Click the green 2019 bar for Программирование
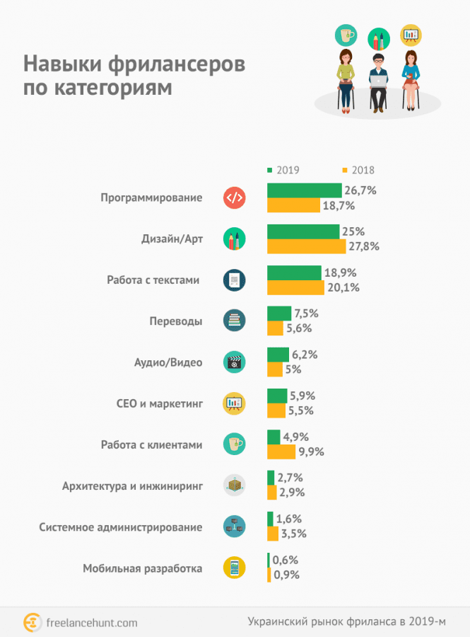click(304, 190)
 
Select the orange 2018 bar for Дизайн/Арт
click(305, 246)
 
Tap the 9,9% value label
click(310, 452)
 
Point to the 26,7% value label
click(360, 190)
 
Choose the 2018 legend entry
click(358, 170)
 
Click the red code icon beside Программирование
click(234, 198)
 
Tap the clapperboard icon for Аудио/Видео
click(234, 362)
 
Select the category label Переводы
click(176, 321)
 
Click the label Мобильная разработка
click(143, 568)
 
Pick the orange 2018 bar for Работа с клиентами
click(281, 452)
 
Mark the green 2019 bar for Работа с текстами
click(294, 272)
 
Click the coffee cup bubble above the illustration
click(345, 35)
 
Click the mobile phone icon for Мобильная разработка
click(234, 568)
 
